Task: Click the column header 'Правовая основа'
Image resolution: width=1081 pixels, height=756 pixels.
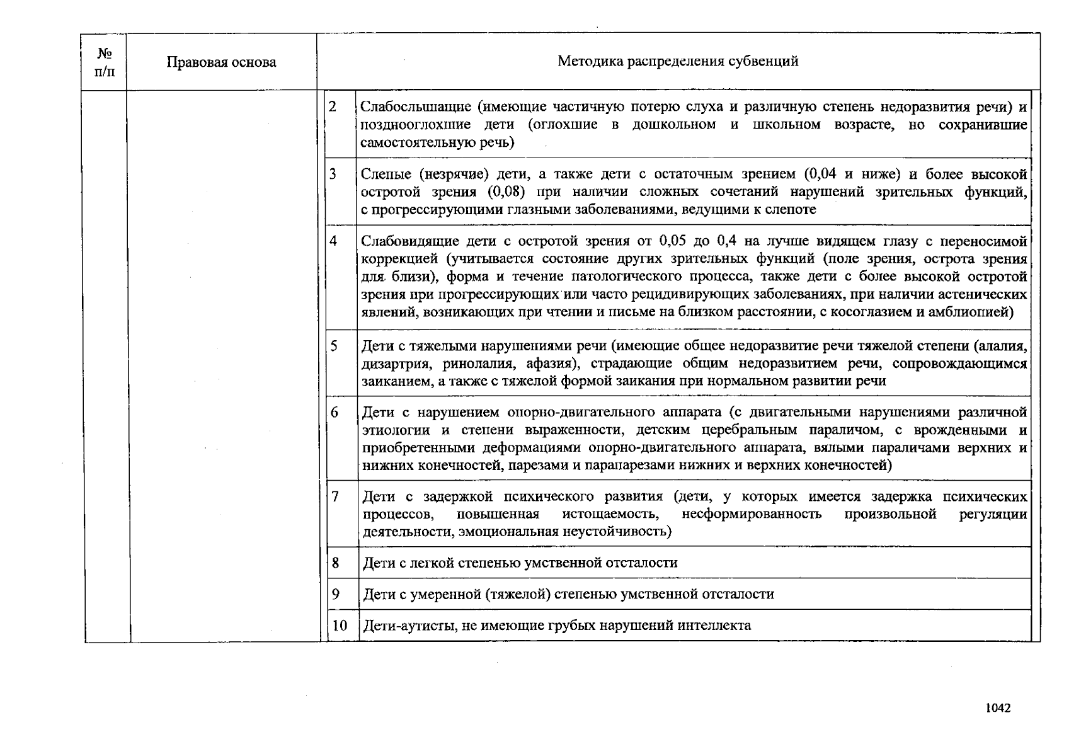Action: click(x=221, y=62)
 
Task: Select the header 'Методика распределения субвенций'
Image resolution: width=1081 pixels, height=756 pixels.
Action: click(x=678, y=61)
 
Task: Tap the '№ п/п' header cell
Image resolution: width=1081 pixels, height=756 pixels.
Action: click(x=105, y=62)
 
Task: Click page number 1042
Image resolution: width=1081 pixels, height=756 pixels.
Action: click(x=998, y=708)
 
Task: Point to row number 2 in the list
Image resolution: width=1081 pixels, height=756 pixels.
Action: click(x=333, y=106)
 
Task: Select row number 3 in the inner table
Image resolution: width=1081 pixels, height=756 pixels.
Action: click(x=333, y=174)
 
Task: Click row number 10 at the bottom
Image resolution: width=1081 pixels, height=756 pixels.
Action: click(x=340, y=626)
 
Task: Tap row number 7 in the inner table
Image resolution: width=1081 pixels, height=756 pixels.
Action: click(x=335, y=497)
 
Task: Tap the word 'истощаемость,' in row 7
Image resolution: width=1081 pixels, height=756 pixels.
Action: click(x=610, y=515)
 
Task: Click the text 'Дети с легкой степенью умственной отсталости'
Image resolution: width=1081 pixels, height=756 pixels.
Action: click(x=520, y=563)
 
